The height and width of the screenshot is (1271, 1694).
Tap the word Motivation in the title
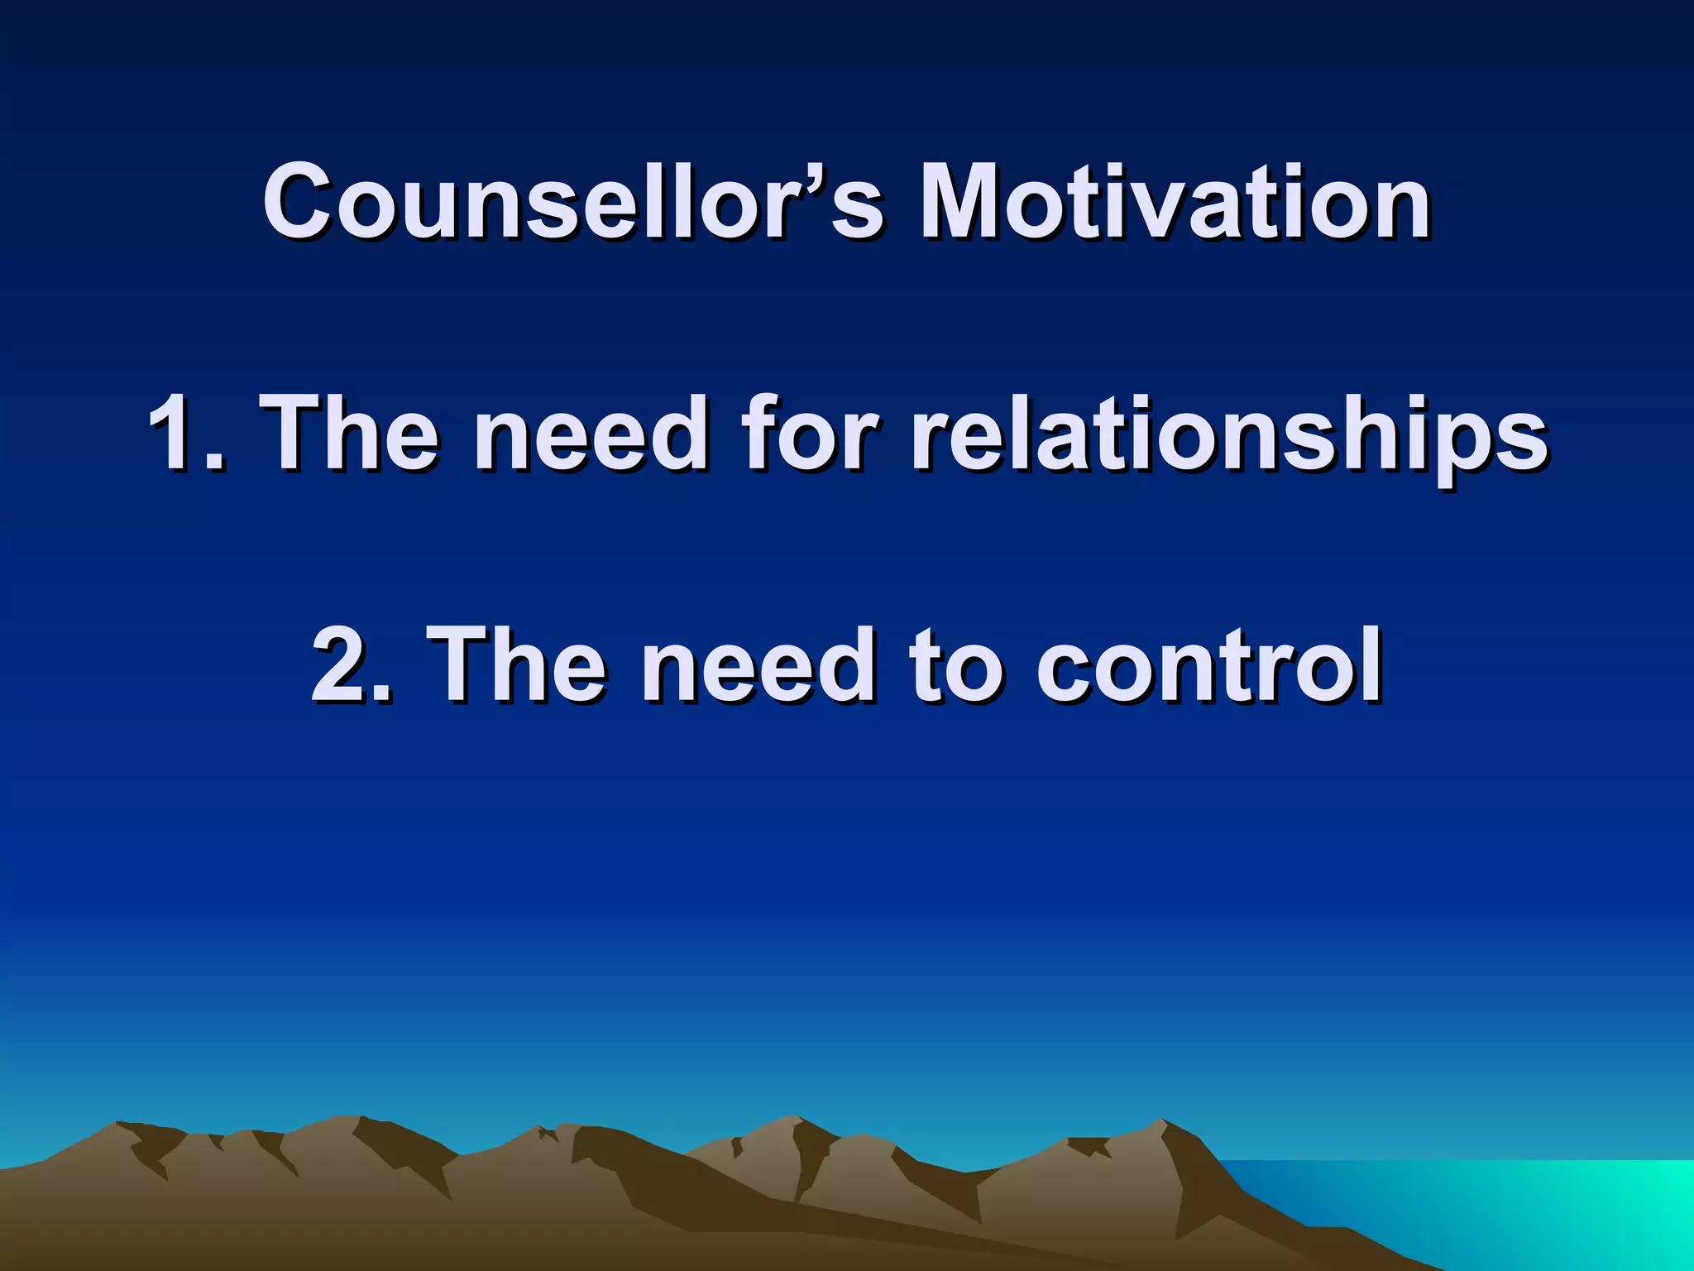tap(1175, 201)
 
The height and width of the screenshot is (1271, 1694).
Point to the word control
tap(1209, 664)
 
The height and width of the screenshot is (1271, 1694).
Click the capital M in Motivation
tap(965, 201)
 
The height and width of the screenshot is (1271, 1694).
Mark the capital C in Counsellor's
tap(302, 201)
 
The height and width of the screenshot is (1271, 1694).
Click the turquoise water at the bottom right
tap(1572, 1208)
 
